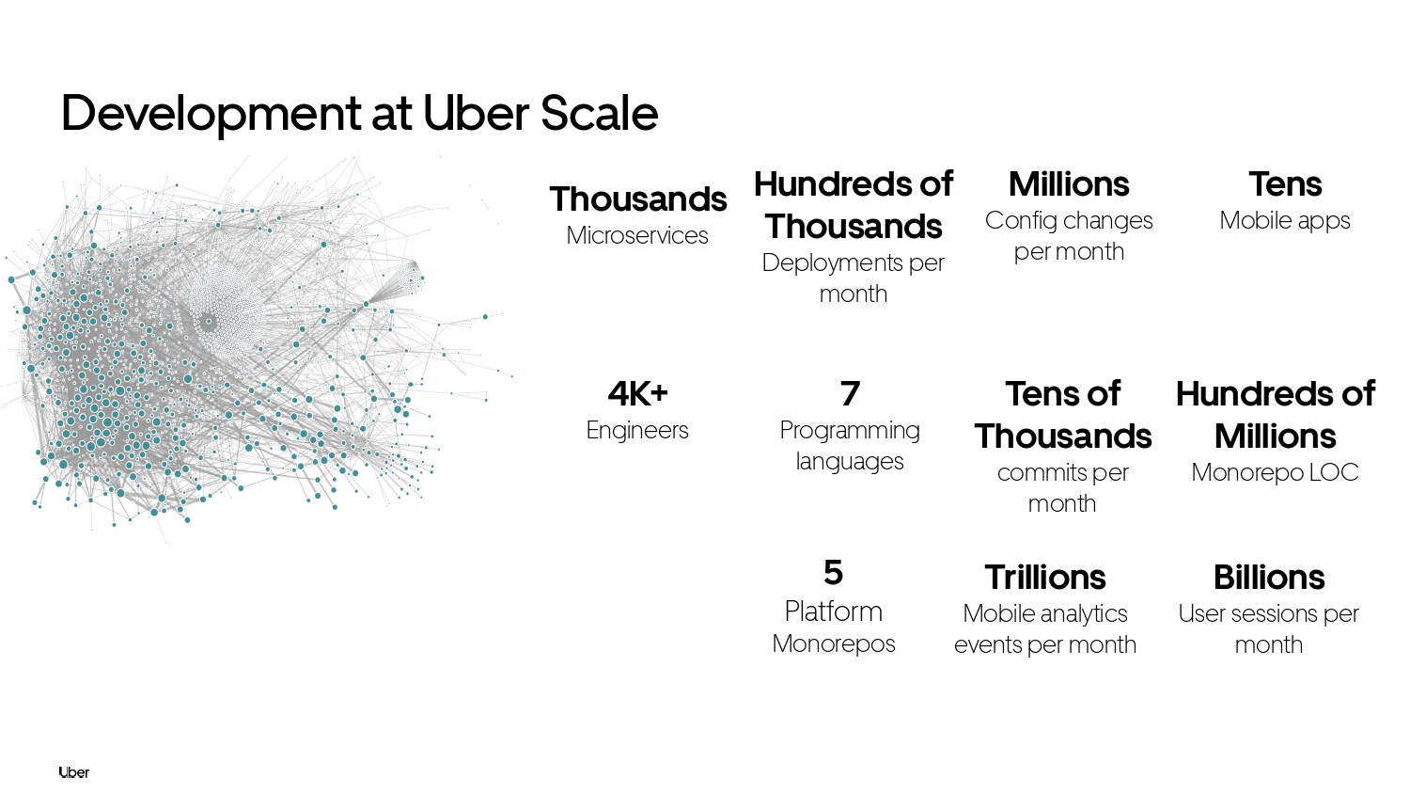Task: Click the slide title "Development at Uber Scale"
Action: click(x=359, y=114)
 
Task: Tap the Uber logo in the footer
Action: click(x=73, y=772)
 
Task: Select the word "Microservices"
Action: click(x=637, y=236)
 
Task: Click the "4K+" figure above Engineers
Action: click(x=637, y=393)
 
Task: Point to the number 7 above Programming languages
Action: click(x=850, y=393)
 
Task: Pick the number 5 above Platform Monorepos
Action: click(x=833, y=573)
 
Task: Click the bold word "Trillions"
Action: click(x=1045, y=578)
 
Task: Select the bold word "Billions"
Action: click(x=1269, y=578)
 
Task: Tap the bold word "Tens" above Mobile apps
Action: click(x=1285, y=184)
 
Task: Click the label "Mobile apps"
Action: click(x=1285, y=221)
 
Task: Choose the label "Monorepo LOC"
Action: click(x=1276, y=472)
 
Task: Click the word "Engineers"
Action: click(x=637, y=431)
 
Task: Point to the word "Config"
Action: click(x=1012, y=221)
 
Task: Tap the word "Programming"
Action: click(x=850, y=431)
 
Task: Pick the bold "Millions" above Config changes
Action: click(x=1069, y=184)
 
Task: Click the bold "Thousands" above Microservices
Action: click(x=637, y=199)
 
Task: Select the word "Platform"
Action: click(x=834, y=611)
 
